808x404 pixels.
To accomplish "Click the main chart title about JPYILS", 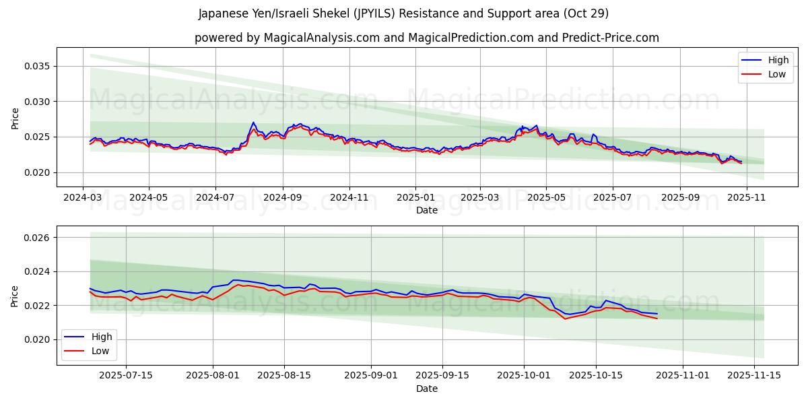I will (x=403, y=13).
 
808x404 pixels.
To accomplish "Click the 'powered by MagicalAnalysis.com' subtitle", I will (x=426, y=38).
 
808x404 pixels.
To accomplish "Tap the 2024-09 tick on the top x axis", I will (x=282, y=197).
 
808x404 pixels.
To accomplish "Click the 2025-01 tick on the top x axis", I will (x=415, y=197).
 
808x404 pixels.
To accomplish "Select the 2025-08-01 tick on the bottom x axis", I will (x=213, y=375).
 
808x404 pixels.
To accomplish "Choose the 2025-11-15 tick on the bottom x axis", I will (x=753, y=375).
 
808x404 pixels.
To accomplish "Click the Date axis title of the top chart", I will (x=426, y=210).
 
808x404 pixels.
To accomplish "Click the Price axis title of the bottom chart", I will (x=15, y=295).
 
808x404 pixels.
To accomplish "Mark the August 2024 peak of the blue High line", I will (x=253, y=123).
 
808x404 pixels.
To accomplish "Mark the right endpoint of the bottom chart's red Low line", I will (x=657, y=318).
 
